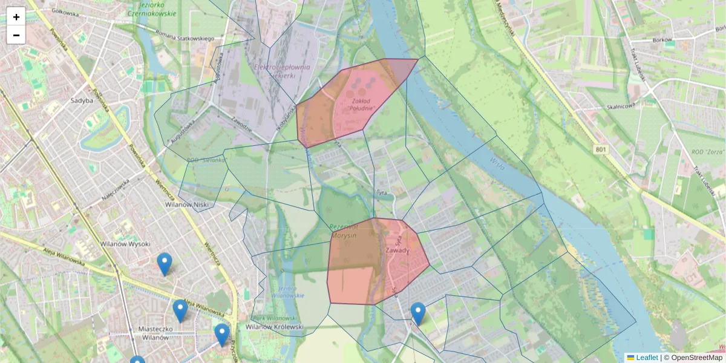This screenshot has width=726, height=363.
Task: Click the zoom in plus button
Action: pyautogui.click(x=16, y=17)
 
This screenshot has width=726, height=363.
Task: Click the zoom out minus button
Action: pyautogui.click(x=16, y=35)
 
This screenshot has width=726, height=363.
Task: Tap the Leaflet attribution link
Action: pyautogui.click(x=646, y=358)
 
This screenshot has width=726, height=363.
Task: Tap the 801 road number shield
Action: pyautogui.click(x=600, y=149)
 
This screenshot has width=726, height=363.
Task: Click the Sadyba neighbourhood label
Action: pyautogui.click(x=82, y=101)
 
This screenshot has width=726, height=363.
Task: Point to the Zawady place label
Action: pyautogui.click(x=397, y=250)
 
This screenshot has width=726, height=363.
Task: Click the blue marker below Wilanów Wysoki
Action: pyautogui.click(x=164, y=264)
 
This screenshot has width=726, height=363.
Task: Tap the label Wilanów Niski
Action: pyautogui.click(x=187, y=205)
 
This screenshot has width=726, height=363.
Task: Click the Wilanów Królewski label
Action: pyautogui.click(x=274, y=327)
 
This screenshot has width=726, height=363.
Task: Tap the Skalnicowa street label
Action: pyautogui.click(x=620, y=106)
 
